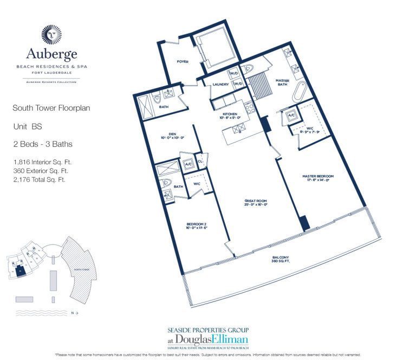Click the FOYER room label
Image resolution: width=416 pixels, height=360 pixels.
(183, 62)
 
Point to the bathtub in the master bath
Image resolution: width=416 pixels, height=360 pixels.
(300, 97)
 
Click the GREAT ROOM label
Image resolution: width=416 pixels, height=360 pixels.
(255, 202)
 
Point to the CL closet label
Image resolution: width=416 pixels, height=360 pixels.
(200, 162)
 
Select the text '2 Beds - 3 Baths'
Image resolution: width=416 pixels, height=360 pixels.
(42, 144)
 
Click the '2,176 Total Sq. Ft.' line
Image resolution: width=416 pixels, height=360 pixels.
(40, 179)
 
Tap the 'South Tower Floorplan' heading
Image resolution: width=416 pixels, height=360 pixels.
(51, 108)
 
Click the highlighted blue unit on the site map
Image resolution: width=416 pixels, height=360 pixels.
(20, 270)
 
